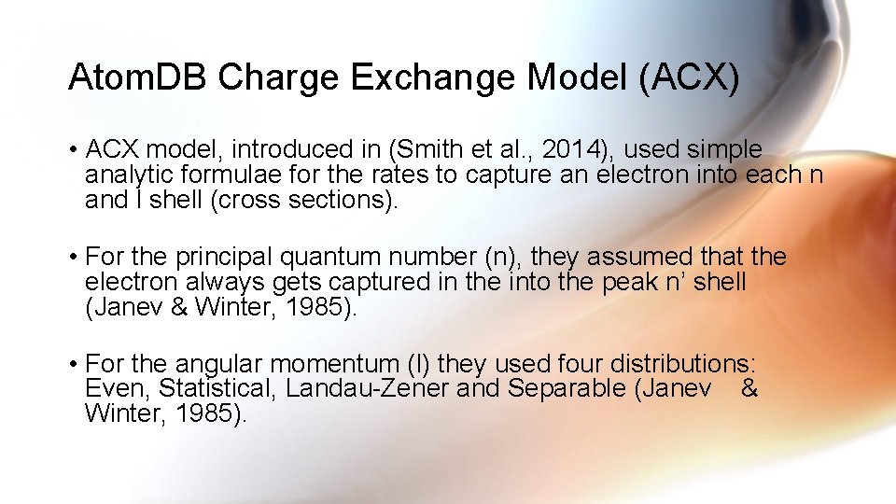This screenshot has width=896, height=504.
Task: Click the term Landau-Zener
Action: coord(368,387)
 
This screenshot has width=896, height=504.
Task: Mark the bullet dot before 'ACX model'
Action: coord(72,150)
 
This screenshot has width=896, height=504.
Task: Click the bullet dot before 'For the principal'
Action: coord(72,257)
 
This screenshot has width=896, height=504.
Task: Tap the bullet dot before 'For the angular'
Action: coord(72,363)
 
